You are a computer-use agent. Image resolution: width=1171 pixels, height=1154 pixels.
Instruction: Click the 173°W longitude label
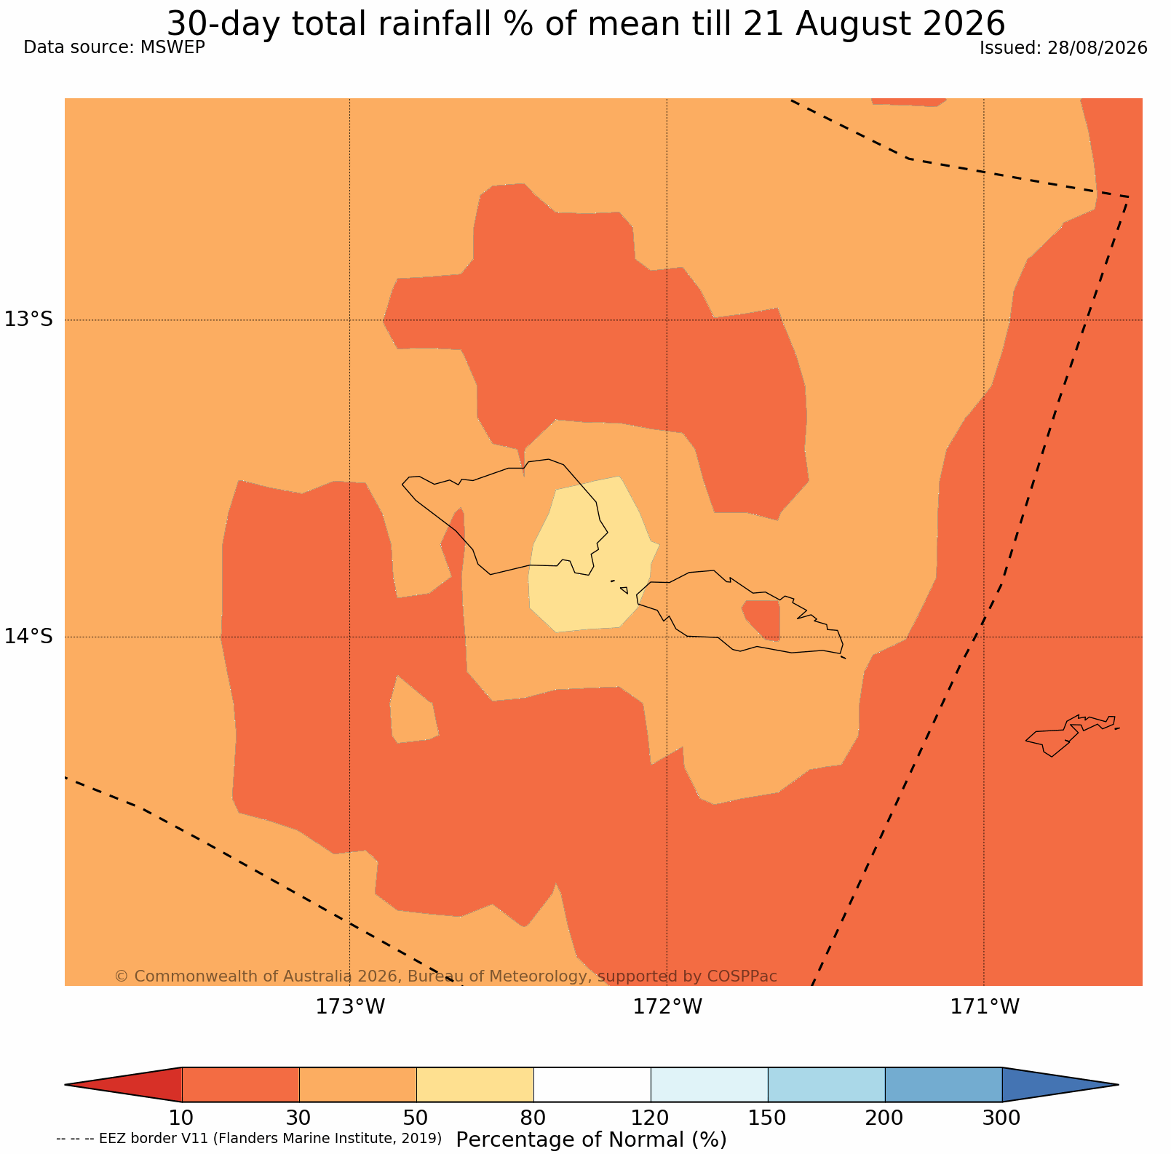click(350, 1008)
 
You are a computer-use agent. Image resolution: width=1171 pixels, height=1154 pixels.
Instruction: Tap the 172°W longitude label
click(667, 1008)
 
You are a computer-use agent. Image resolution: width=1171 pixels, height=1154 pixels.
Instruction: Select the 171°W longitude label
click(985, 1008)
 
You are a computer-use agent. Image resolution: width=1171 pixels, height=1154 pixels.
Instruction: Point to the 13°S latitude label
click(29, 319)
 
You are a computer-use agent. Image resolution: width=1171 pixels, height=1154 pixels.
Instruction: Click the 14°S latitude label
click(29, 637)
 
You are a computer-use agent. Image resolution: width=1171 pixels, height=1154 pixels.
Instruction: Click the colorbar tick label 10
click(182, 1117)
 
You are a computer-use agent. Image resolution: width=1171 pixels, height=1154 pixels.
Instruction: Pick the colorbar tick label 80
click(533, 1117)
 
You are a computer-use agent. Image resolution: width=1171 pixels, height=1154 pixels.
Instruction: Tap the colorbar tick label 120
click(651, 1117)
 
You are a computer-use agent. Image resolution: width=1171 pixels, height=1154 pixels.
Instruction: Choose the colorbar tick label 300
click(1002, 1117)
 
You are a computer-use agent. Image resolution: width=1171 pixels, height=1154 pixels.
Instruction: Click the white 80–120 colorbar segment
click(592, 1085)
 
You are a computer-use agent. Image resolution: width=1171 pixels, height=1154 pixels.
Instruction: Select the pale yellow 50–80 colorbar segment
click(475, 1085)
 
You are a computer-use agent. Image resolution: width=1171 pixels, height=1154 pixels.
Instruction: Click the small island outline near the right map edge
click(1070, 733)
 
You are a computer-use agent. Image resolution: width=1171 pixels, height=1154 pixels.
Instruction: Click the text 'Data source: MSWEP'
click(114, 47)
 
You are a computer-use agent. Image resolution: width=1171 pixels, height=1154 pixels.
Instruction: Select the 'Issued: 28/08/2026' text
click(1063, 48)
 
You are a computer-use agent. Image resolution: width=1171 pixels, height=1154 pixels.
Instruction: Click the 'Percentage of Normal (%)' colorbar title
click(591, 1139)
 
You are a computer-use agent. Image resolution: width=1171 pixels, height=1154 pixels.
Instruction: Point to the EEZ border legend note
click(249, 1138)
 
